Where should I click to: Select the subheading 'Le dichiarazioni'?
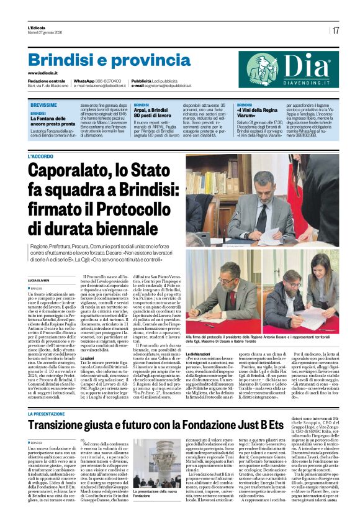coord(202,353)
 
